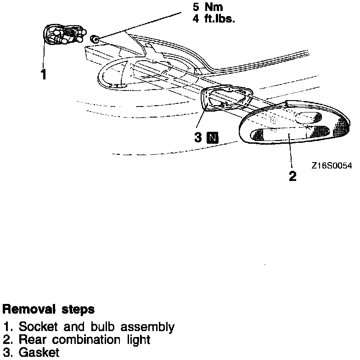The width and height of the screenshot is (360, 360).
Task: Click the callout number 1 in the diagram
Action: point(44,74)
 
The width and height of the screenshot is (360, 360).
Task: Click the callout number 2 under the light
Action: point(292,176)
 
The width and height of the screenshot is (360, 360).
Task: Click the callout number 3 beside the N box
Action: point(198,137)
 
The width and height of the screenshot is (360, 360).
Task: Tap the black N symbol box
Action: point(213,137)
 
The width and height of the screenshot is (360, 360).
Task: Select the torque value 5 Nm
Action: point(208,8)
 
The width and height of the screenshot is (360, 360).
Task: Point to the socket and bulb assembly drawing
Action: point(64,35)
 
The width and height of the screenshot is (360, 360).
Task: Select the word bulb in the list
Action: point(103,327)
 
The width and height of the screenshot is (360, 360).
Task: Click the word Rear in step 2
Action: point(31,340)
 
